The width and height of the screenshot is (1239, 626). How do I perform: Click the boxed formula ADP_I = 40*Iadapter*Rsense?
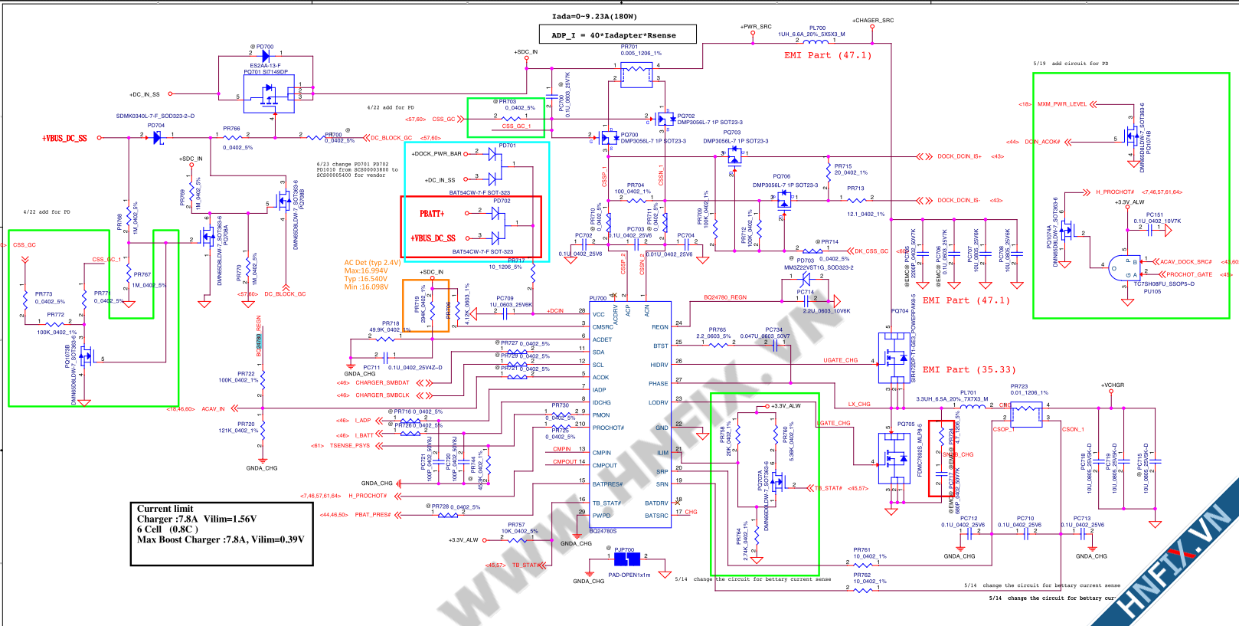pyautogui.click(x=613, y=35)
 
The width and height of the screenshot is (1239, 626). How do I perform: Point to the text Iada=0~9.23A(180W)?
pyautogui.click(x=594, y=16)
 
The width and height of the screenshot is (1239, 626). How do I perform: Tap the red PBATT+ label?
pyautogui.click(x=431, y=214)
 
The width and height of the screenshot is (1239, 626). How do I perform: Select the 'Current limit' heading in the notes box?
pyautogui.click(x=165, y=509)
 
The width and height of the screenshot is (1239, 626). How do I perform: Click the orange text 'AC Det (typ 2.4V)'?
pyautogui.click(x=372, y=263)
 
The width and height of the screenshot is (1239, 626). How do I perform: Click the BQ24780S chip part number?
pyautogui.click(x=603, y=531)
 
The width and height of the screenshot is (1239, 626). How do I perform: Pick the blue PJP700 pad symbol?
pyautogui.click(x=626, y=560)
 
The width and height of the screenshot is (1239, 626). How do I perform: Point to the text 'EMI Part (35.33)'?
pyautogui.click(x=969, y=369)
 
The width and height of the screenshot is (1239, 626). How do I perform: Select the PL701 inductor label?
pyautogui.click(x=969, y=392)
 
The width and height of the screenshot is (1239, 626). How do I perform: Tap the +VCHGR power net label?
pyautogui.click(x=1113, y=385)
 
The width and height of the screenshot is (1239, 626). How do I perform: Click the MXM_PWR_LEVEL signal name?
pyautogui.click(x=1062, y=104)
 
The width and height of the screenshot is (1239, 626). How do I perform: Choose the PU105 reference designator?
pyautogui.click(x=1152, y=291)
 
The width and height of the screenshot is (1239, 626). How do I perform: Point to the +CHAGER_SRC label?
pyautogui.click(x=873, y=21)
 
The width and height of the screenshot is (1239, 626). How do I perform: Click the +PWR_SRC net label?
pyautogui.click(x=756, y=27)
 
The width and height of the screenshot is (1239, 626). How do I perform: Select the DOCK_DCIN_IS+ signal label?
pyautogui.click(x=959, y=156)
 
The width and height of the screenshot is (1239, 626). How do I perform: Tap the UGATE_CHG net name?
pyautogui.click(x=840, y=360)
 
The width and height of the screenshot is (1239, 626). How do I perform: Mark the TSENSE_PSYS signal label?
pyautogui.click(x=349, y=445)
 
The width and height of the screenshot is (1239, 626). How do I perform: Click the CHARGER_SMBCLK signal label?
pyautogui.click(x=382, y=395)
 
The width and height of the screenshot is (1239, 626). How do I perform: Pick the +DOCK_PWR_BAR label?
pyautogui.click(x=436, y=153)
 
